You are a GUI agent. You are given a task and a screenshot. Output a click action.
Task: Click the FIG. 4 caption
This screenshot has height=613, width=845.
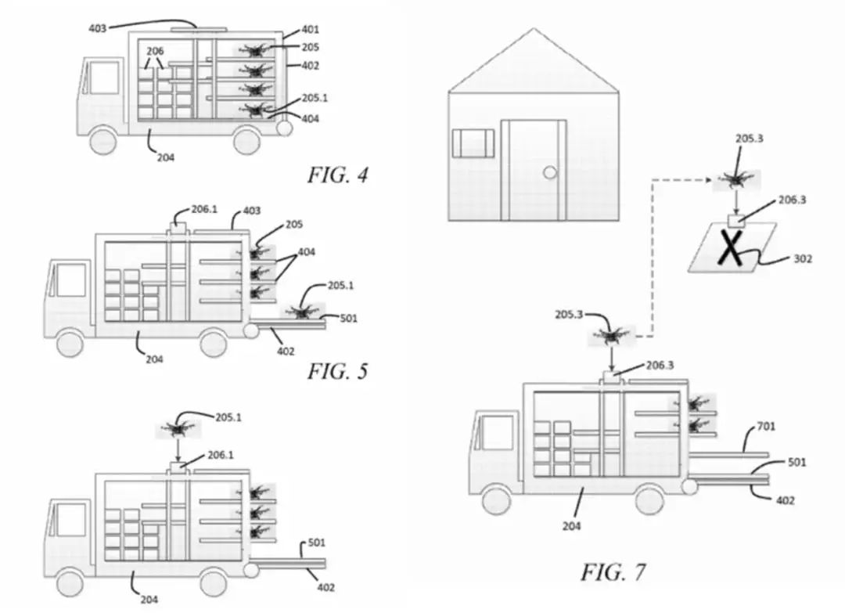[x=336, y=175]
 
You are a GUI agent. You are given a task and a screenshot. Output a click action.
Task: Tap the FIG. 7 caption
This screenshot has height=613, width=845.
[x=613, y=572]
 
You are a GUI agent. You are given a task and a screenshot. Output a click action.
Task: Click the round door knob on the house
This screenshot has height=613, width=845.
[x=551, y=172]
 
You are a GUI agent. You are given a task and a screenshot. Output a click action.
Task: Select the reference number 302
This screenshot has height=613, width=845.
[x=803, y=258]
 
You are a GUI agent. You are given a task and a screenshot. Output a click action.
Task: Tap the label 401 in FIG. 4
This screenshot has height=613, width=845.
[x=310, y=31]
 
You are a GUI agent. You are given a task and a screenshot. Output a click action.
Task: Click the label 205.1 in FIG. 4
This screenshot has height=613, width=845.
[x=315, y=99]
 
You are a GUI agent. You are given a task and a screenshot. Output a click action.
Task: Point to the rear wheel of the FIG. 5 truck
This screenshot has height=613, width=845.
[x=214, y=341]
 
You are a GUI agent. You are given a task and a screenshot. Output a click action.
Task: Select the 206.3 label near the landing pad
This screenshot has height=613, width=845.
[x=791, y=200]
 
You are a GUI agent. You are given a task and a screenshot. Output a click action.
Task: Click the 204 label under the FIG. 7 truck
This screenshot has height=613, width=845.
[x=571, y=526]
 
